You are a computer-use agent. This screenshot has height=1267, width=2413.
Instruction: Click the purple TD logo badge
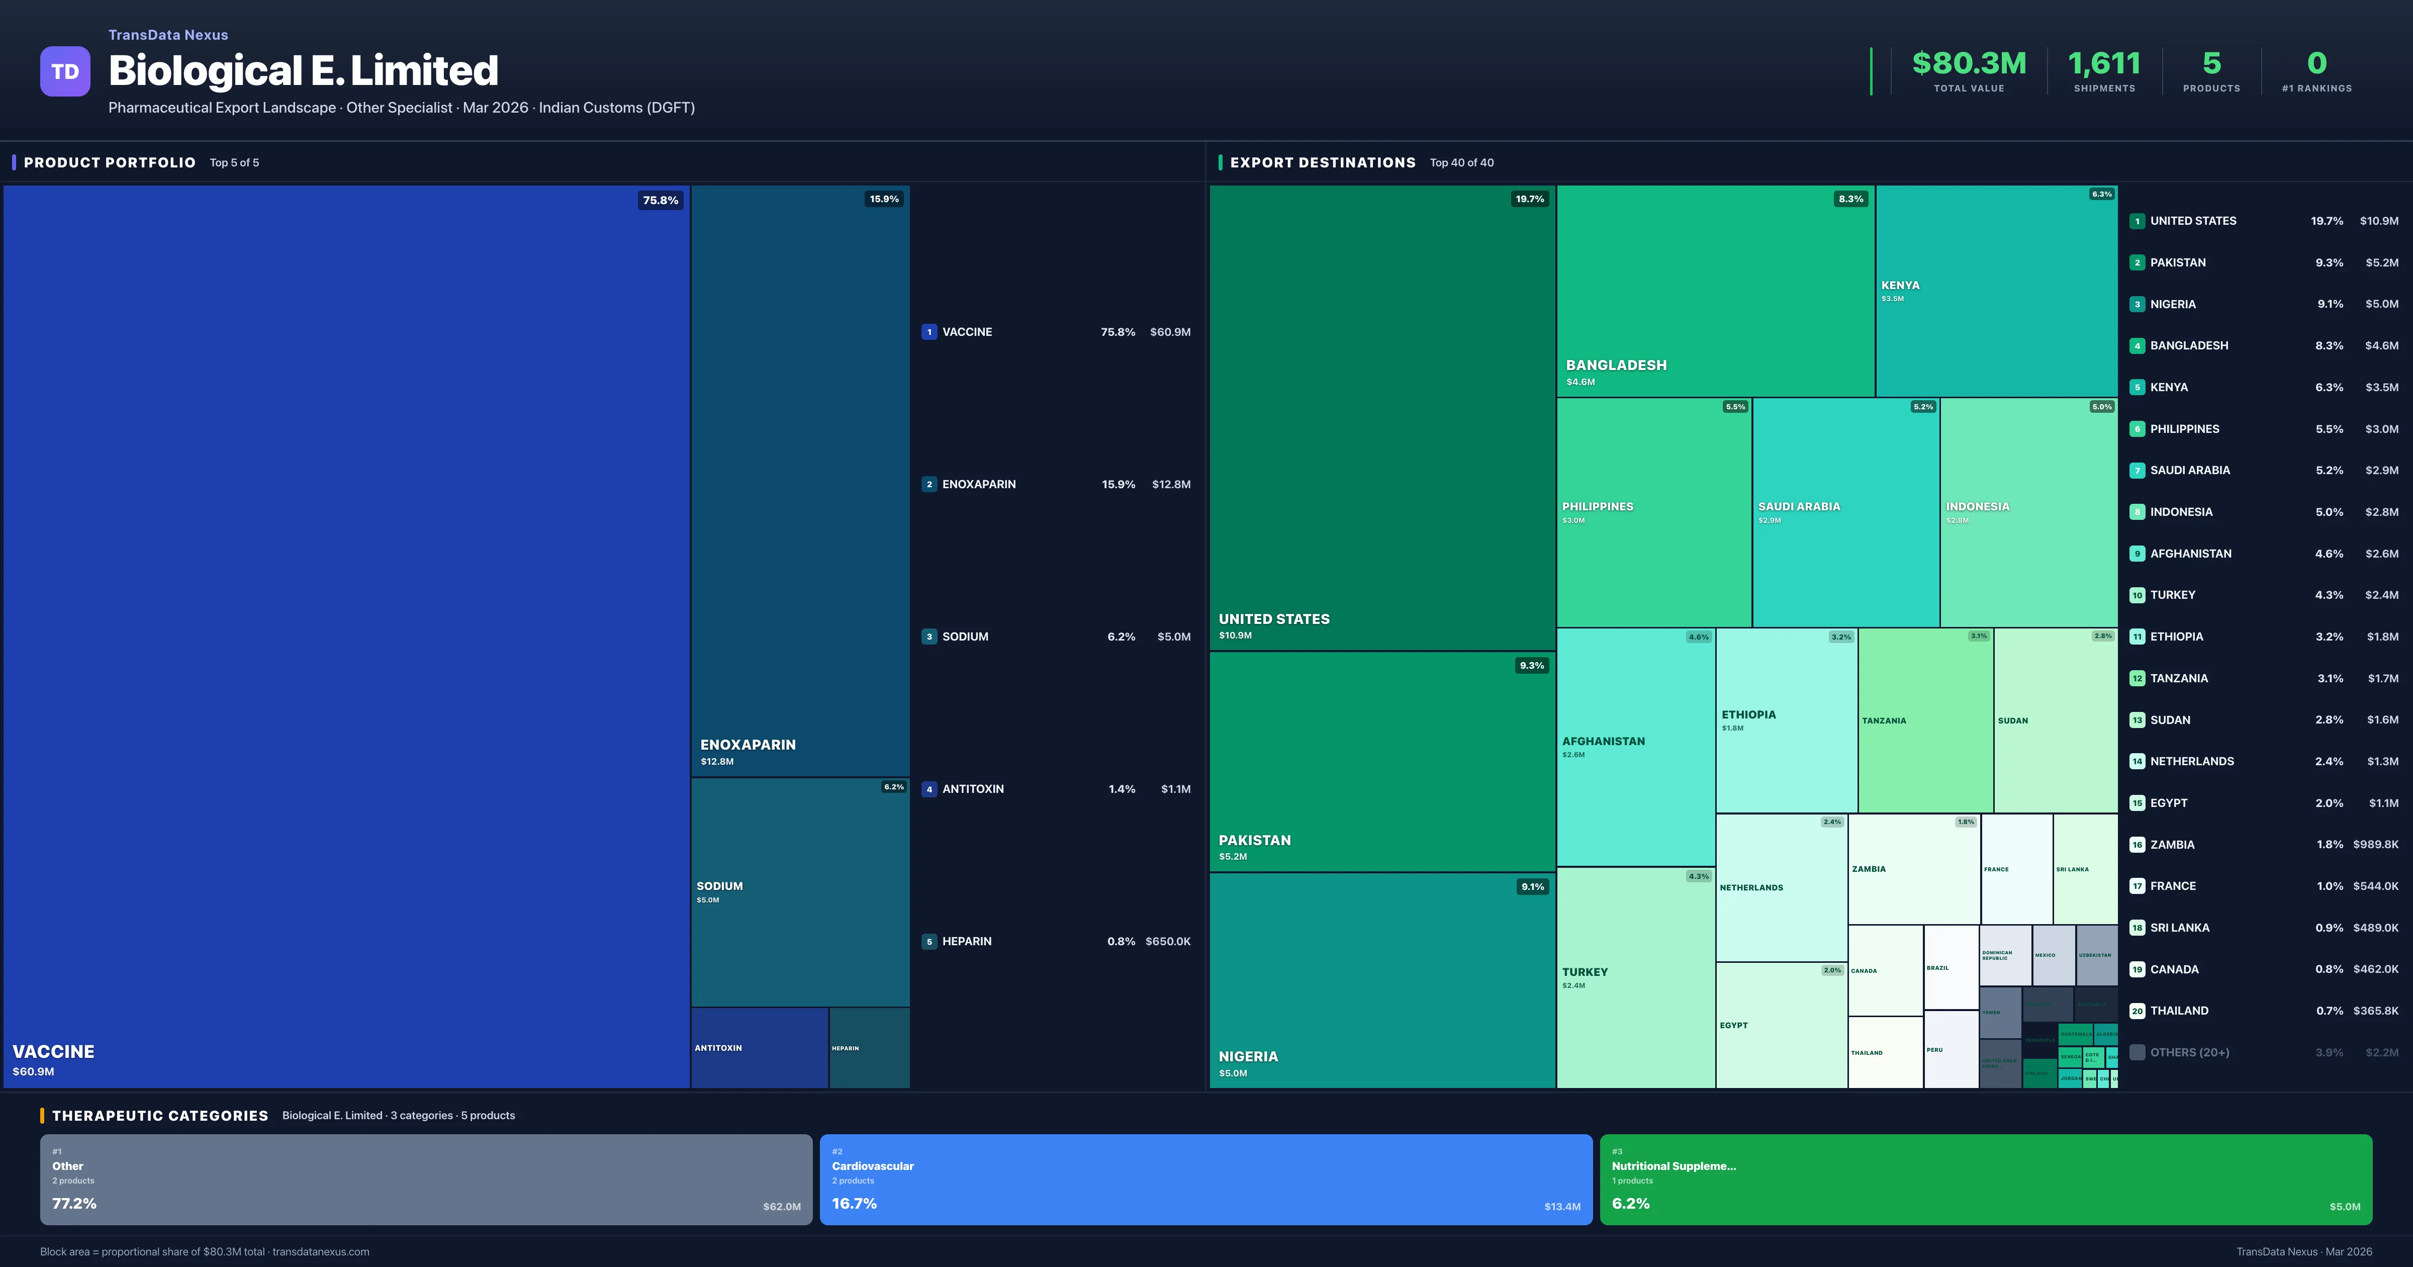(x=65, y=71)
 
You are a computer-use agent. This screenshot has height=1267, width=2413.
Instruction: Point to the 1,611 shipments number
(x=2104, y=64)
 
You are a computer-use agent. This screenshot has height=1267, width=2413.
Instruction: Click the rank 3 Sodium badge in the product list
(x=929, y=637)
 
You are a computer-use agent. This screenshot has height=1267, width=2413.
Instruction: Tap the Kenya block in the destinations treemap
(x=1995, y=291)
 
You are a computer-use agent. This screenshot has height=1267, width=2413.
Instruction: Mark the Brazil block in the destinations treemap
(x=1951, y=967)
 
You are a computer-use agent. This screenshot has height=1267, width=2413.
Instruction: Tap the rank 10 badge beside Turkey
(x=2137, y=596)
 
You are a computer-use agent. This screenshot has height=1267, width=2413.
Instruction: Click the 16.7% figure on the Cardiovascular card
(x=854, y=1203)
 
